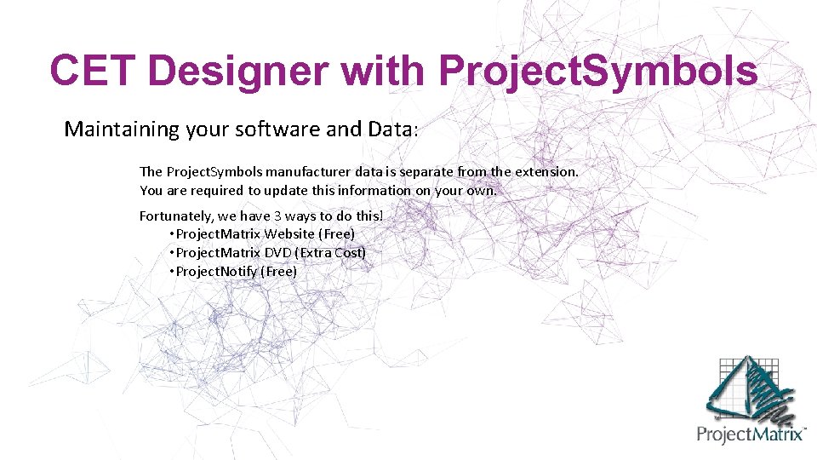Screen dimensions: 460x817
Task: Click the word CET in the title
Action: coord(92,70)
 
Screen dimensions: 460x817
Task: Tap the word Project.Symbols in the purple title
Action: coord(597,70)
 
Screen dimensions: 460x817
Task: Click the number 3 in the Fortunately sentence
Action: coord(277,216)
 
